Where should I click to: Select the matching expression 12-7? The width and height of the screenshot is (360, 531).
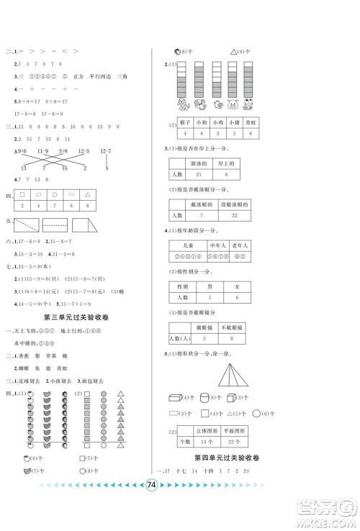107,150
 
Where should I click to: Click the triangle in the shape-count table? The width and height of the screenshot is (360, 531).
86,194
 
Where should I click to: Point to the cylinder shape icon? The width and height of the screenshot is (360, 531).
206,398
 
